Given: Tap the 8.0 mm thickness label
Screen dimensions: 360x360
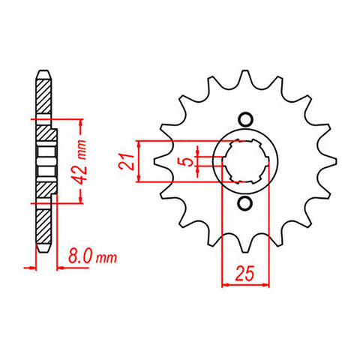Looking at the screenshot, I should pos(92,259).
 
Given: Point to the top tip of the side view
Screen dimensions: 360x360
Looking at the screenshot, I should pos(43,73).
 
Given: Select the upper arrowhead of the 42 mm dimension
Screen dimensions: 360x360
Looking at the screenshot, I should pos(76,123).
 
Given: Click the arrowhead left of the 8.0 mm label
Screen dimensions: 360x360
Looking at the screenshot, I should pos(30,265).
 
